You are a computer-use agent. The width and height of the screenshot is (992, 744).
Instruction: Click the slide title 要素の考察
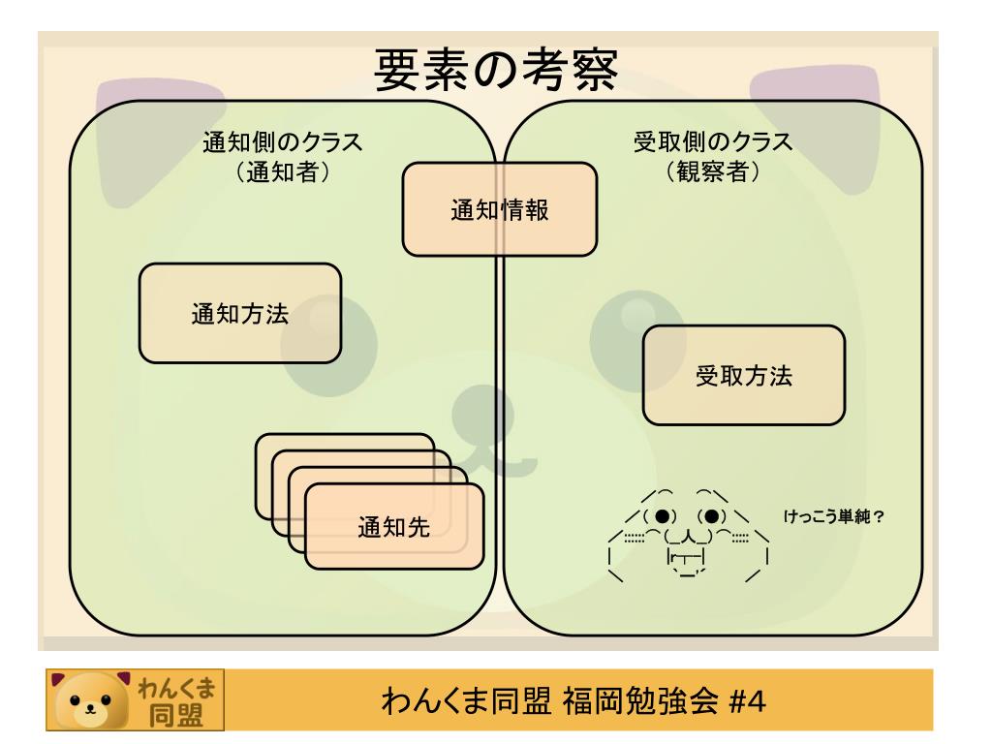click(496, 69)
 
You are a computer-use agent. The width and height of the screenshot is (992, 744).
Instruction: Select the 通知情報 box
click(499, 209)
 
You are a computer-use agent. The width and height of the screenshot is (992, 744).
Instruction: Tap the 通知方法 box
click(240, 313)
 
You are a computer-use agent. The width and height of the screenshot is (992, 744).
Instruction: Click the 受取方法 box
click(743, 375)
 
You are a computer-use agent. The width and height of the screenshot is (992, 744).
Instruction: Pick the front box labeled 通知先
click(394, 526)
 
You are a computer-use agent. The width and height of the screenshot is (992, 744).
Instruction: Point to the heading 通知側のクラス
click(282, 141)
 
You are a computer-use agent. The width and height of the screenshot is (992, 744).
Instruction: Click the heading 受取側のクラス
click(712, 141)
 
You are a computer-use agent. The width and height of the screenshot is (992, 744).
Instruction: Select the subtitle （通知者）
click(282, 170)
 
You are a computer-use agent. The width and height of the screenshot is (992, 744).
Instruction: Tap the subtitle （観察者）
click(712, 170)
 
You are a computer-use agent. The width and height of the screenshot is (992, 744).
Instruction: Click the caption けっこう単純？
click(833, 517)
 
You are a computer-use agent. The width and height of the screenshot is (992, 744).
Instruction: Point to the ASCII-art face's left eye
click(662, 516)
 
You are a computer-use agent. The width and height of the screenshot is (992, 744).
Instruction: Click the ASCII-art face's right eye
click(711, 516)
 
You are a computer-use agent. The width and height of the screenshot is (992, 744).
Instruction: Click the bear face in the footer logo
click(90, 700)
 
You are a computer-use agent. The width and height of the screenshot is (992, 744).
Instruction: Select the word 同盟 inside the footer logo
click(176, 715)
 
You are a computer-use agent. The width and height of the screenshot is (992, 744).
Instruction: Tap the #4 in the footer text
click(747, 701)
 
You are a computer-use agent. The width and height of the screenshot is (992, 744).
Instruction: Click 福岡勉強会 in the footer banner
click(640, 701)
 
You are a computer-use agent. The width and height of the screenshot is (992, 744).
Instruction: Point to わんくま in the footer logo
click(176, 687)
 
